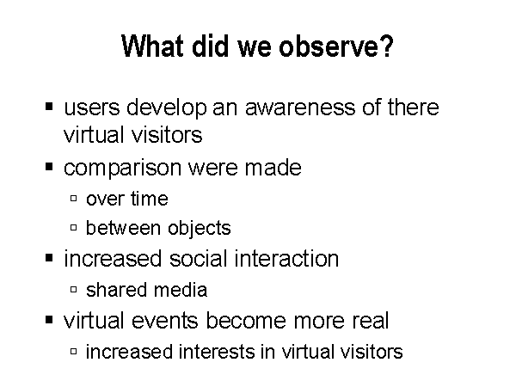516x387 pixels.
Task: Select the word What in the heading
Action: click(x=152, y=46)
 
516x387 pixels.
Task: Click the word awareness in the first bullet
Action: click(x=300, y=107)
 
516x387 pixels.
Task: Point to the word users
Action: click(x=92, y=107)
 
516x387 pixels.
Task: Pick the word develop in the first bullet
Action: click(x=167, y=108)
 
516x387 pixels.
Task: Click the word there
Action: click(x=413, y=107)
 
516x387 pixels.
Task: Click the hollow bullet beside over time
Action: click(x=73, y=198)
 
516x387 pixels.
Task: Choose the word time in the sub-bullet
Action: click(x=150, y=199)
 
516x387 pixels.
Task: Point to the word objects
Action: click(x=200, y=229)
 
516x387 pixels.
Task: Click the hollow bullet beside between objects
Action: click(x=73, y=227)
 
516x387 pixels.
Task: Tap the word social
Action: click(x=198, y=258)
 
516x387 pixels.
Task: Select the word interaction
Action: click(x=286, y=258)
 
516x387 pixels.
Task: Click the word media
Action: click(x=181, y=290)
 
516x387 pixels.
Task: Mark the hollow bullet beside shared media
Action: click(x=73, y=289)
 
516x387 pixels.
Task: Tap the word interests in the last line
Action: click(x=217, y=352)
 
